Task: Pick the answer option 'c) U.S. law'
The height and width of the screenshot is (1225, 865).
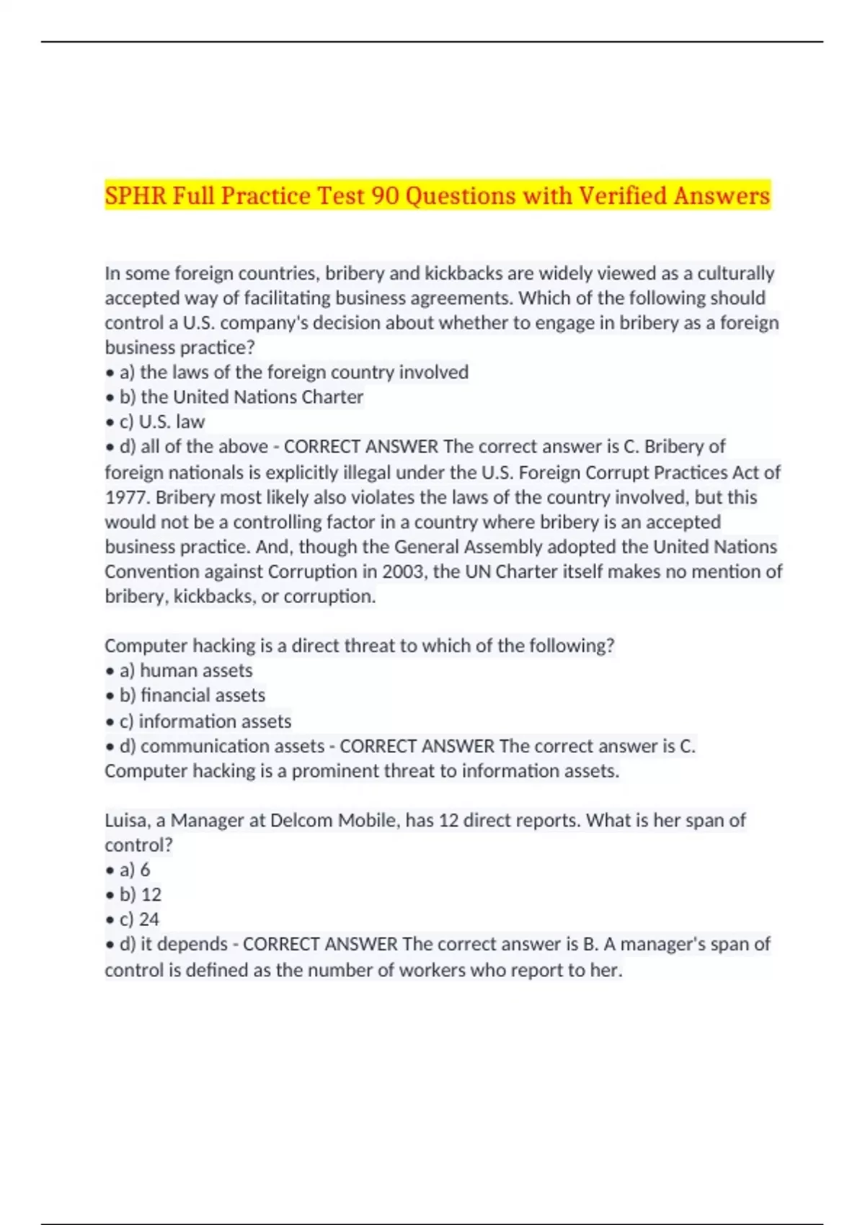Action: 162,422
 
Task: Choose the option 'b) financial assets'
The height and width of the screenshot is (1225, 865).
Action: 192,695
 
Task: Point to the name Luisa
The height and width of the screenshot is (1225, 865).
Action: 125,820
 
